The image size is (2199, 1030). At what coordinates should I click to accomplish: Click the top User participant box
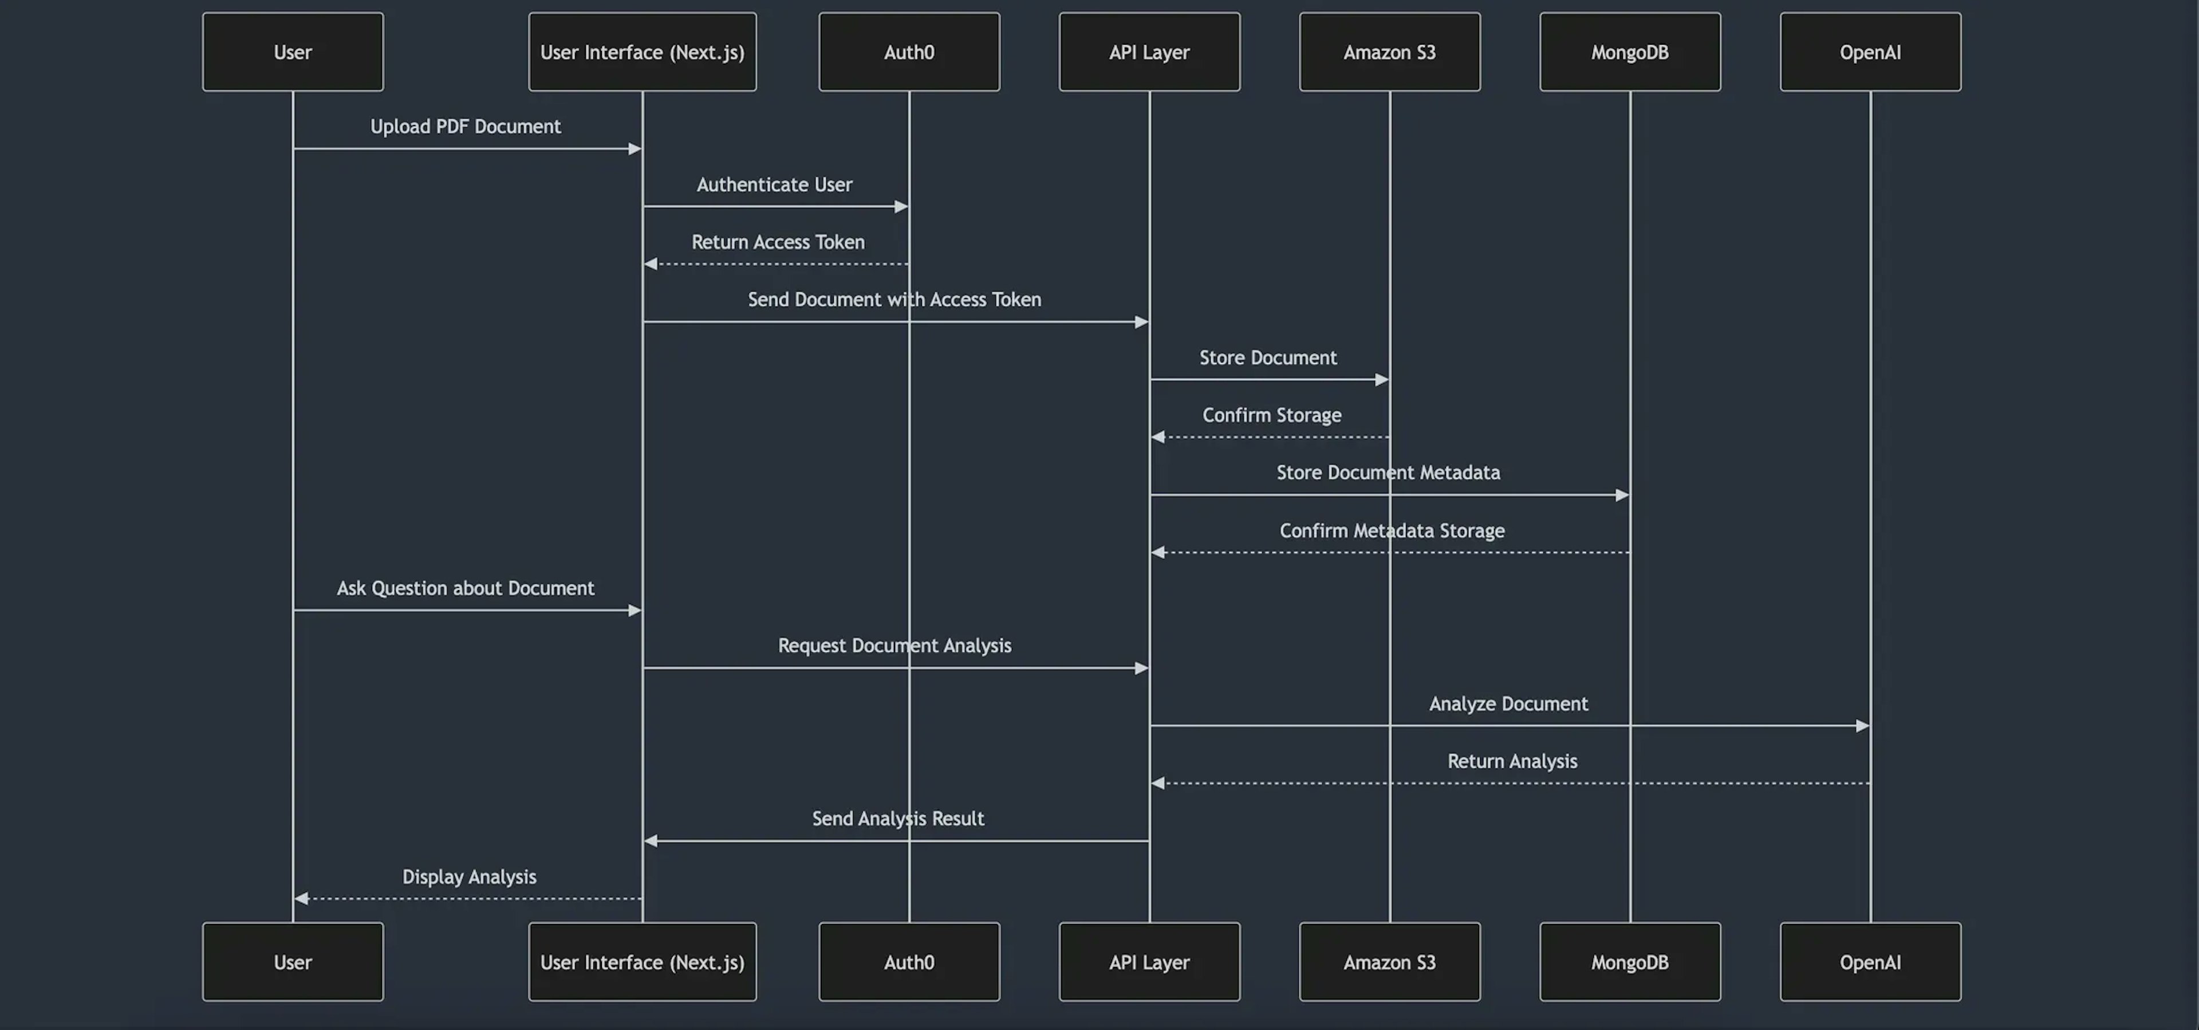(293, 52)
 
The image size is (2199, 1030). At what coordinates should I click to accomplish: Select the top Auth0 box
(909, 52)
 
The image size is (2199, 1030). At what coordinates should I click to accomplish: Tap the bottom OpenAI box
(1870, 962)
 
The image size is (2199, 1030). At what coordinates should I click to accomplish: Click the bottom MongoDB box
(1630, 962)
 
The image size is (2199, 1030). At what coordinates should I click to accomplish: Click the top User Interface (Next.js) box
(642, 52)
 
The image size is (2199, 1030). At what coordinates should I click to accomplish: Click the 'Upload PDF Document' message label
(465, 127)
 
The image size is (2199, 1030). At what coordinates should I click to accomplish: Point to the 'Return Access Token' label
(778, 242)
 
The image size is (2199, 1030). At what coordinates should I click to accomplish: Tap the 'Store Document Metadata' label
(1388, 472)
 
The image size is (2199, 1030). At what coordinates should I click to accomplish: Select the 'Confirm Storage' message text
(1272, 415)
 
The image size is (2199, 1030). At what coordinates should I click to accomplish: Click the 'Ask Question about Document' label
(465, 588)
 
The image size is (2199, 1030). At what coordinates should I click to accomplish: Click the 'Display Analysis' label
(470, 876)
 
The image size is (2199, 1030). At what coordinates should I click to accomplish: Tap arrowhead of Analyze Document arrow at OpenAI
(1863, 726)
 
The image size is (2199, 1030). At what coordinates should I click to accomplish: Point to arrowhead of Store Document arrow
(1382, 380)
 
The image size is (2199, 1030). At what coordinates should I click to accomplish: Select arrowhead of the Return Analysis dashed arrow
(1157, 783)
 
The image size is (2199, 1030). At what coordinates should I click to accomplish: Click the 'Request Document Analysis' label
(894, 646)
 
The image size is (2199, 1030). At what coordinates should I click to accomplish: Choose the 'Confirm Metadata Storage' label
(1392, 530)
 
